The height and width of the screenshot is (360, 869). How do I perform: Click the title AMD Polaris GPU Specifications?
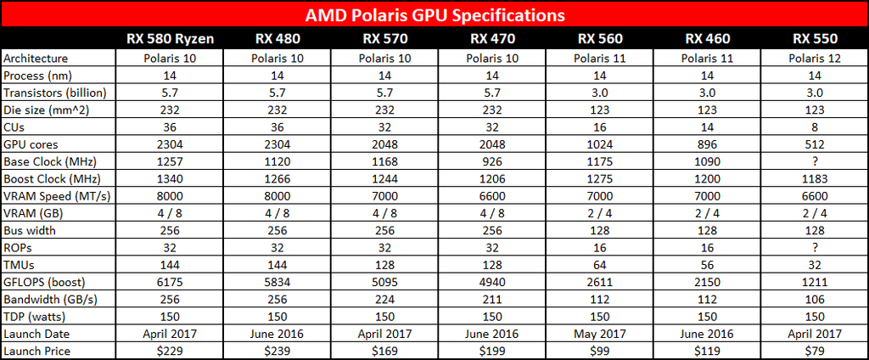coord(434,15)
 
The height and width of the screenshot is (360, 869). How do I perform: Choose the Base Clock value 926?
coord(490,160)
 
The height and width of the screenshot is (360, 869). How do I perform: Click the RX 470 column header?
coord(490,38)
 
